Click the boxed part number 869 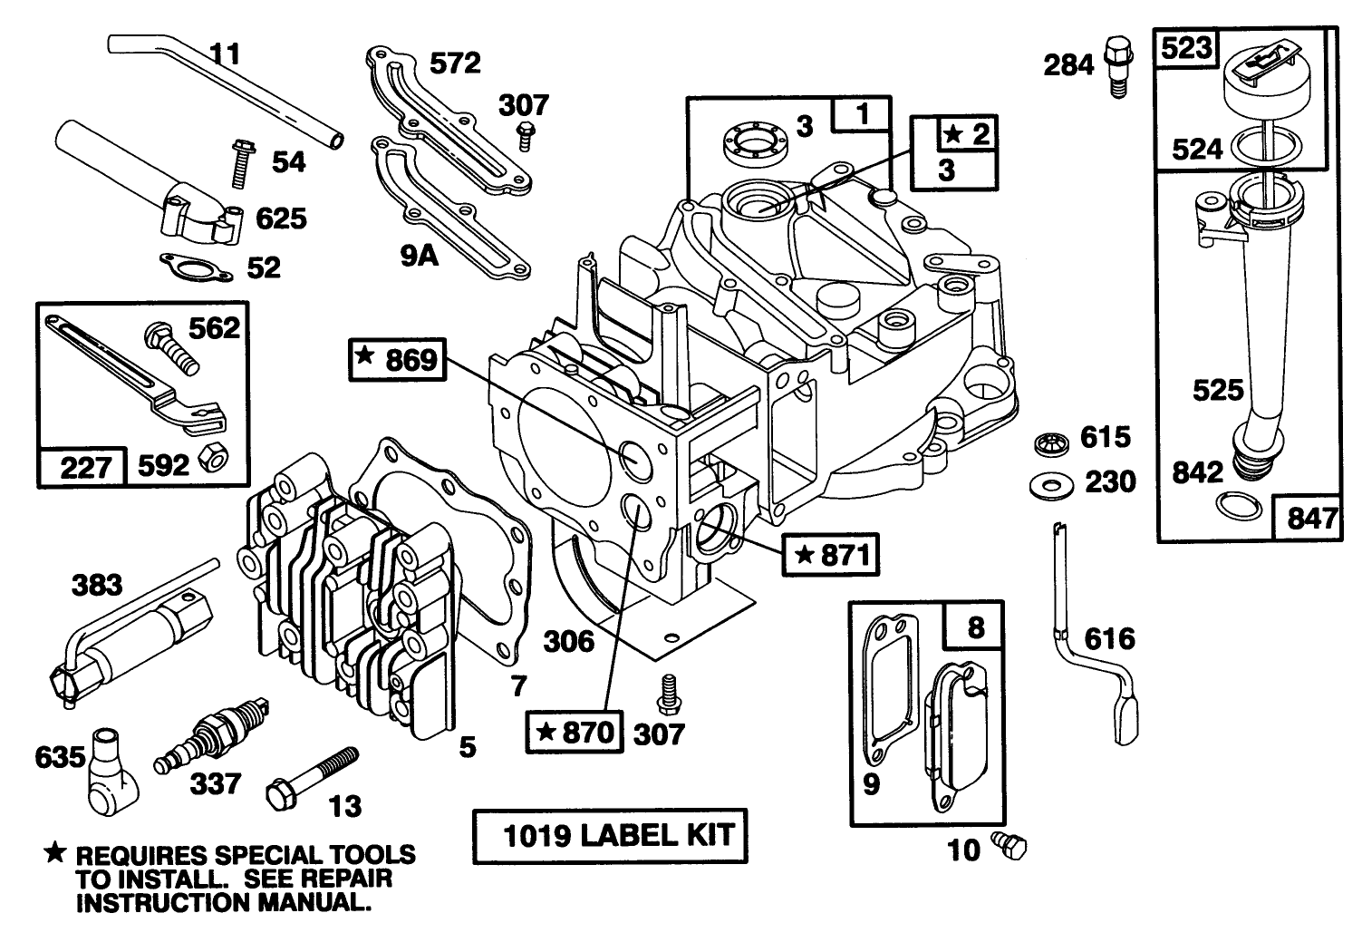tap(397, 361)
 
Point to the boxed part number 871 tap(832, 553)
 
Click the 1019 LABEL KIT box tap(609, 835)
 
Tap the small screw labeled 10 tap(1010, 845)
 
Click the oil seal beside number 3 tap(750, 141)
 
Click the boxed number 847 tap(1309, 518)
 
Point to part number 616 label tap(1109, 639)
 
